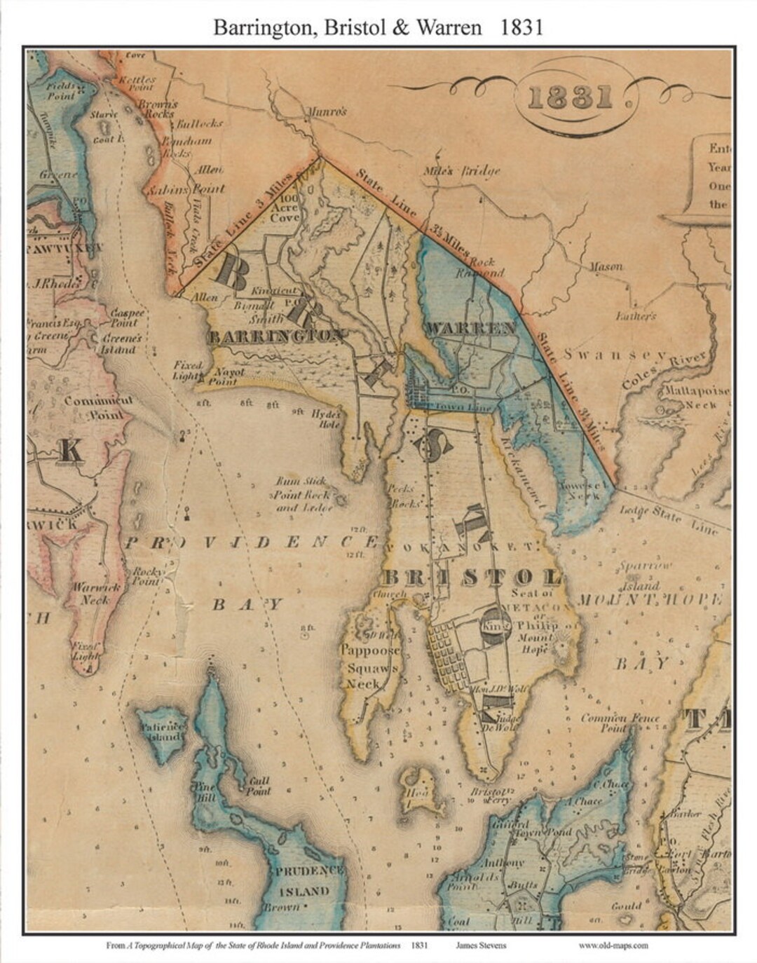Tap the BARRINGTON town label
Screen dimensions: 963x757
coord(275,336)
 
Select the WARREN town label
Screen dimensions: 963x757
coord(470,328)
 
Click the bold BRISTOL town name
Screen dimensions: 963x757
coord(470,578)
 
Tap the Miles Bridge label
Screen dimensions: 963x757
coord(462,171)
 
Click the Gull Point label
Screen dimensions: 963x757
coord(257,786)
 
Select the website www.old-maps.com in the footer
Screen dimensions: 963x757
coord(613,945)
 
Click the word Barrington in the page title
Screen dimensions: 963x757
coord(256,27)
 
